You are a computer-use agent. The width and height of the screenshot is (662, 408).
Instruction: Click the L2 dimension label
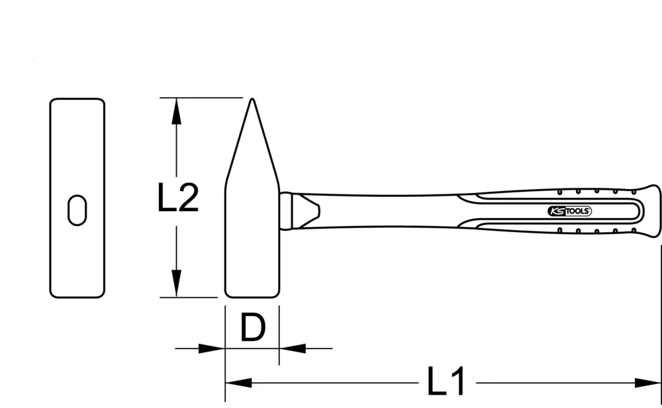click(178, 198)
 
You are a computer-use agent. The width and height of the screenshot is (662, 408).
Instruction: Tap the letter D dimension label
click(252, 328)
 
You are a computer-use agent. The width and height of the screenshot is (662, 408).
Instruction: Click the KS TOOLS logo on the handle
click(569, 211)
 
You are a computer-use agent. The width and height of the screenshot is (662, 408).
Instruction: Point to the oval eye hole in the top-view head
click(77, 210)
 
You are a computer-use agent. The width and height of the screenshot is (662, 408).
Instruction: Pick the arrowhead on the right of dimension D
click(292, 348)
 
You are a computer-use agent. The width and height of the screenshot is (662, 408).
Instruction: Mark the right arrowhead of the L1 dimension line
click(648, 382)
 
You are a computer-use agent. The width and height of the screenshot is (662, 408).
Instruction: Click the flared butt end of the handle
click(652, 210)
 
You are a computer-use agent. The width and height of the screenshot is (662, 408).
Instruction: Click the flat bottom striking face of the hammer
click(252, 295)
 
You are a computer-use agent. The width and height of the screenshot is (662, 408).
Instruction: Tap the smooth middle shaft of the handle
click(397, 210)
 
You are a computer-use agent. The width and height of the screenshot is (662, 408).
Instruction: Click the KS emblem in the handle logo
click(554, 211)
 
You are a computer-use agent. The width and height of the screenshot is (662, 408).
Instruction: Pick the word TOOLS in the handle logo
click(576, 211)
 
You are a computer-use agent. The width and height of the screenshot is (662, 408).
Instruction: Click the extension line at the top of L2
click(199, 98)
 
